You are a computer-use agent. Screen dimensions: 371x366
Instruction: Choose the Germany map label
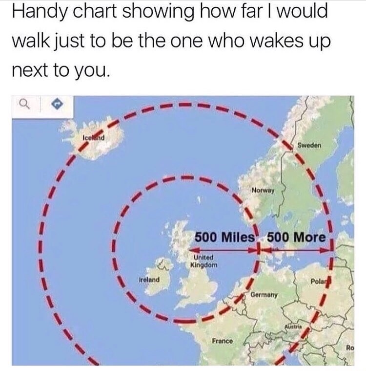coord(265,295)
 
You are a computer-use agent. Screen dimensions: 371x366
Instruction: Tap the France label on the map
coord(223,340)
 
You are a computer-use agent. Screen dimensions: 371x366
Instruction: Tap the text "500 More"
coord(296,237)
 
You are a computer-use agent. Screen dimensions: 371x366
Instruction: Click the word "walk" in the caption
coord(29,42)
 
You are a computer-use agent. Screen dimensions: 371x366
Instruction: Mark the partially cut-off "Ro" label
coord(349,348)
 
